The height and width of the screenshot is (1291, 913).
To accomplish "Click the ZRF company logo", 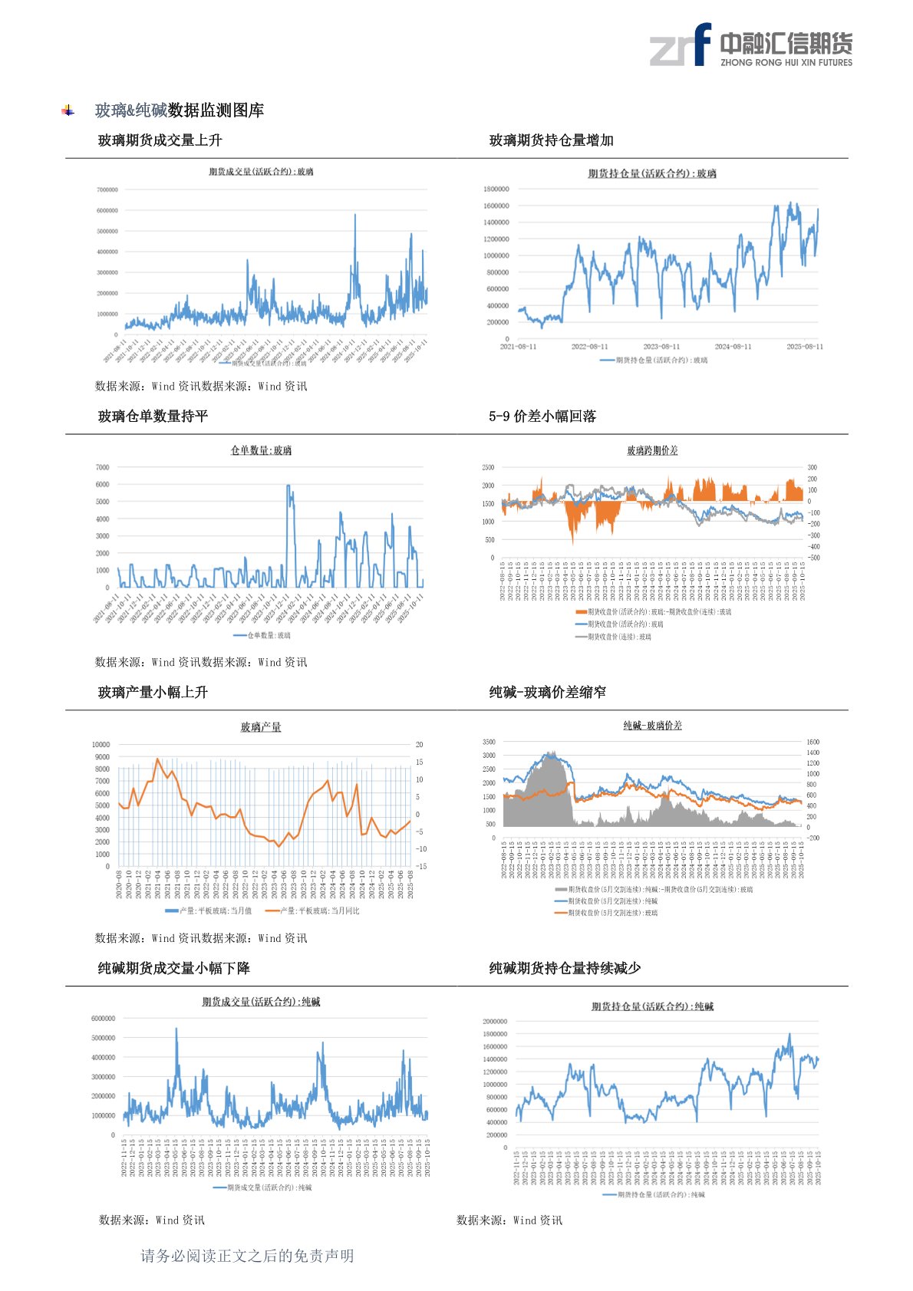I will click(750, 44).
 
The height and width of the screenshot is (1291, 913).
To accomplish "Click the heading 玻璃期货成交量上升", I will click(160, 140).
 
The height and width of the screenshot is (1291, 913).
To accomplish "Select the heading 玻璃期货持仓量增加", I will click(551, 140).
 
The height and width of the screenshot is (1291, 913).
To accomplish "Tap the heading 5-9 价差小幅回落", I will click(542, 417).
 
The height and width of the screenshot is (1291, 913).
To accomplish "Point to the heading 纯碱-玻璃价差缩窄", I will click(547, 692).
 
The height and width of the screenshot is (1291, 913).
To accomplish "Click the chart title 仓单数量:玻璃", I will click(261, 450).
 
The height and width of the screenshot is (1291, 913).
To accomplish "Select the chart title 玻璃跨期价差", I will click(652, 450).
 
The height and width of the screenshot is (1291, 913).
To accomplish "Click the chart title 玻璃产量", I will click(261, 726).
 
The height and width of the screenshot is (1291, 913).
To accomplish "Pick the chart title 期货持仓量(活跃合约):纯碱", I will click(652, 1006).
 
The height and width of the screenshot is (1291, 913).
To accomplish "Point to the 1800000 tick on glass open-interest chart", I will click(496, 189).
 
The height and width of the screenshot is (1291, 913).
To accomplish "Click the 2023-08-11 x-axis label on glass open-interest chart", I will click(661, 347).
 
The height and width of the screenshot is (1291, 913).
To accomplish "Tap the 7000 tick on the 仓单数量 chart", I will click(102, 467).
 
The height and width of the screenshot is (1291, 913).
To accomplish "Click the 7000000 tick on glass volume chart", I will click(107, 189).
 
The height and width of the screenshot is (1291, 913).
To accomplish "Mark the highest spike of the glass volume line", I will click(355, 215).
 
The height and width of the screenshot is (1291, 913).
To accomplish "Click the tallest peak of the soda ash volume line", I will click(176, 1029).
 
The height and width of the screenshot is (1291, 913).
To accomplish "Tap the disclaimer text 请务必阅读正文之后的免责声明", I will click(247, 1256).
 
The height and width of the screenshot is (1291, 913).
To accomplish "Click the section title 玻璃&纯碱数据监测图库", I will click(180, 110).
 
